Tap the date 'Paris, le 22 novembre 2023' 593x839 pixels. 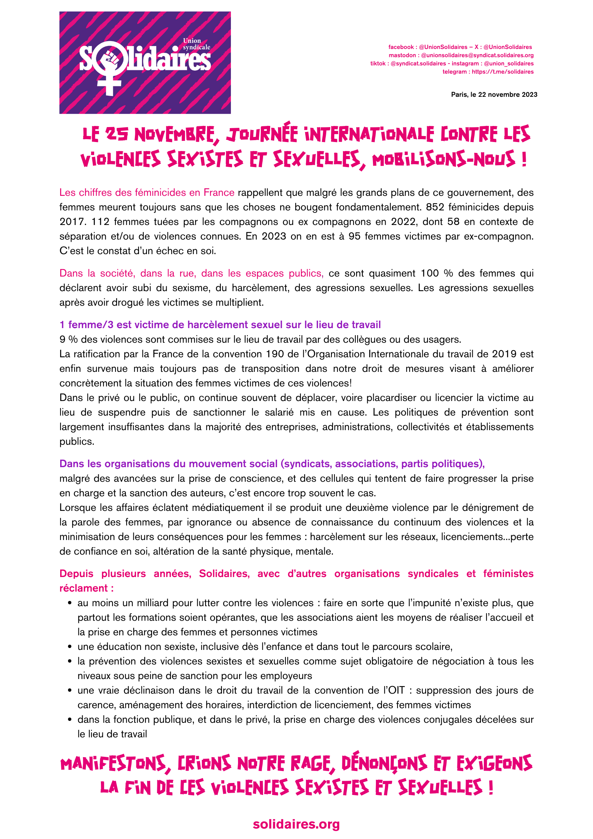click(494, 95)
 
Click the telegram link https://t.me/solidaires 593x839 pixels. click(503, 72)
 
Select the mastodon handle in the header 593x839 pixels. click(477, 55)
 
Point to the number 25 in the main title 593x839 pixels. click(117, 135)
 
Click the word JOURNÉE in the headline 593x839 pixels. click(262, 135)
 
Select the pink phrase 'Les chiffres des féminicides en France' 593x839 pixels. click(147, 192)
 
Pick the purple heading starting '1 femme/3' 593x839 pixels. click(220, 325)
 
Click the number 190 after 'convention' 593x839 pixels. click(275, 354)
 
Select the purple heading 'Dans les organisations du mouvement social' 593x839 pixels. click(272, 464)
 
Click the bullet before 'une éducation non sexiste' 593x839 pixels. click(70, 647)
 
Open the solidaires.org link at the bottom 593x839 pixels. click(296, 824)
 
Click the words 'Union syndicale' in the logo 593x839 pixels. click(196, 44)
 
